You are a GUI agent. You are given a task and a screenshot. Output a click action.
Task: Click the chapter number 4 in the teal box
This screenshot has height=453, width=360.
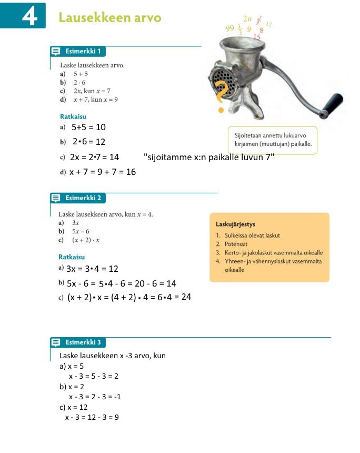(x=30, y=17)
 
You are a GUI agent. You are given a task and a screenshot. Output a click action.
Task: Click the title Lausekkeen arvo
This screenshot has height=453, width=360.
(x=110, y=18)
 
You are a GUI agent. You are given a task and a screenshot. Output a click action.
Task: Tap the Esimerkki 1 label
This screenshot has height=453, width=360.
(x=83, y=52)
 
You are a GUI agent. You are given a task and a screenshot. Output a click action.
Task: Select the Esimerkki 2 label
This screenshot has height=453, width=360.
(x=83, y=199)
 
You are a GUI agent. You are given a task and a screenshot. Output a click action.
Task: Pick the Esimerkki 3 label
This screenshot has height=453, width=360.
(x=83, y=343)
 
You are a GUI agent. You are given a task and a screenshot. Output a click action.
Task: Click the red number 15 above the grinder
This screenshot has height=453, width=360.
(x=257, y=37)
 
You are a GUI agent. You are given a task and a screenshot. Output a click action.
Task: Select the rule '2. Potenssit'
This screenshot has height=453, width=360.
(x=232, y=244)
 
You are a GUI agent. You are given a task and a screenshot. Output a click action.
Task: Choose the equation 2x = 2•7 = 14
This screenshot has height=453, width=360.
(x=94, y=157)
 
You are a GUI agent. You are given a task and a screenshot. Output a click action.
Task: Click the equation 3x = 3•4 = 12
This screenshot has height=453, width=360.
(x=92, y=269)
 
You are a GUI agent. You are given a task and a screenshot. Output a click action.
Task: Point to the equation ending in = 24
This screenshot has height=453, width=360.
(x=128, y=298)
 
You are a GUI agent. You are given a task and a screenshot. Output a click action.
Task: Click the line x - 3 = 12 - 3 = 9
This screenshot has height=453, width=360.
(x=92, y=418)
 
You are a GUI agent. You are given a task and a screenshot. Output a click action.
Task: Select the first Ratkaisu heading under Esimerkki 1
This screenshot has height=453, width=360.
(x=73, y=116)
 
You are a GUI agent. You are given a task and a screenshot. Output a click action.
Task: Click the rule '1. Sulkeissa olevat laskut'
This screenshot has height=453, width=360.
(x=248, y=235)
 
